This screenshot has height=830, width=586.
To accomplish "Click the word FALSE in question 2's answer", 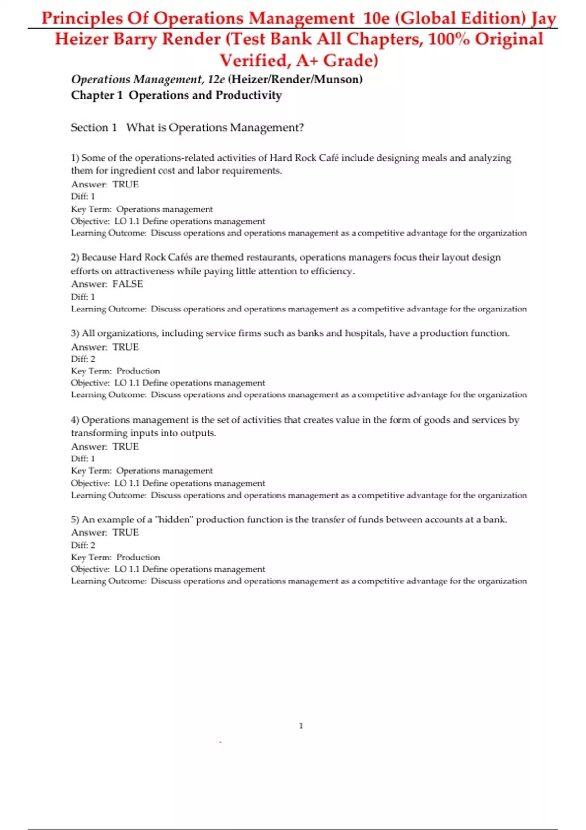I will pos(127,284).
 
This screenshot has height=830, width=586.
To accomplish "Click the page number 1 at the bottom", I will pos(301,726).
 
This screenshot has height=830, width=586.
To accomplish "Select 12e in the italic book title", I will pos(216,79).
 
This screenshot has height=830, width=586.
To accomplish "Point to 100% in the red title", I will pos(449,39).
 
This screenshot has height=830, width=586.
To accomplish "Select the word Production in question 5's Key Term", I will pos(138,557).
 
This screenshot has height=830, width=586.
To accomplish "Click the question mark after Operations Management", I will pos(301,128).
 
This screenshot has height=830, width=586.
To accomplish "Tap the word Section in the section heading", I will pos(89,128).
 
